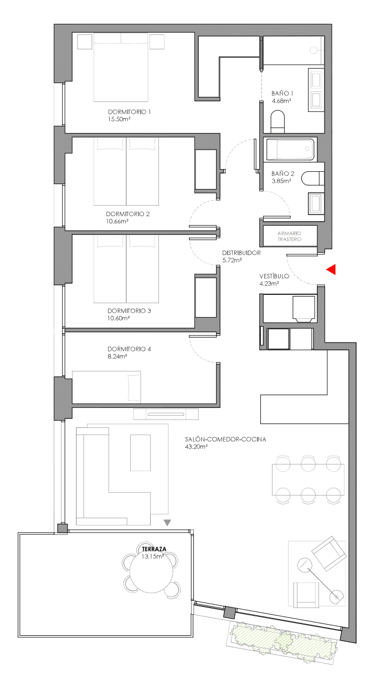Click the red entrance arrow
click(332, 269)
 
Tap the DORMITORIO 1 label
click(129, 112)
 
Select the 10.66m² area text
click(117, 222)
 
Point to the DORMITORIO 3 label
click(129, 311)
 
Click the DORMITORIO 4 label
click(129, 349)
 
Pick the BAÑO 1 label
click(282, 94)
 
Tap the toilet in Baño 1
click(277, 121)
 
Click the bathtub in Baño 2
click(290, 149)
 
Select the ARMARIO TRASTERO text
click(290, 236)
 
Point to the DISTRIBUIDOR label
click(241, 253)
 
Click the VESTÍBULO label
click(274, 276)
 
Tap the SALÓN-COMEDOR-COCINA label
click(225, 440)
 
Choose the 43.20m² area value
click(197, 447)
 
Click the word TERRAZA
click(154, 549)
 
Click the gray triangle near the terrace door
click(167, 523)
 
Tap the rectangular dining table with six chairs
click(308, 479)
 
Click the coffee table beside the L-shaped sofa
click(140, 452)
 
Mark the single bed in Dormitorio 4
click(106, 387)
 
